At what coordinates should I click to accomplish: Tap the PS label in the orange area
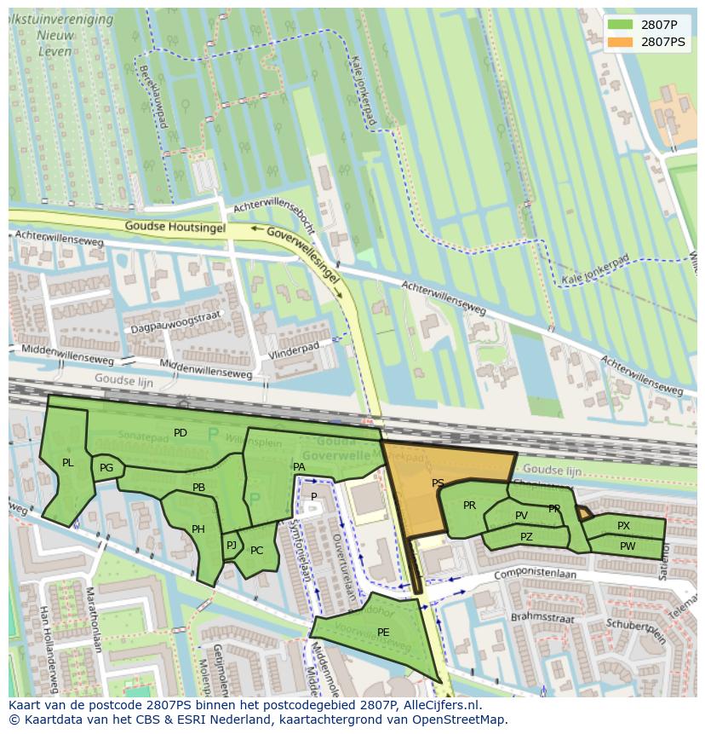tap(438, 483)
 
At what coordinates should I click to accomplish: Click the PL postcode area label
tap(68, 463)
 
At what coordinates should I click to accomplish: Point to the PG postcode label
tap(106, 468)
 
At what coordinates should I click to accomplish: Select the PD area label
tap(181, 433)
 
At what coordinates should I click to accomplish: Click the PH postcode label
tap(198, 529)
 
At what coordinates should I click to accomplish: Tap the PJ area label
tap(231, 546)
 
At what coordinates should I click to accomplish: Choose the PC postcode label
tap(257, 551)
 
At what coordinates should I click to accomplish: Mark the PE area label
tap(383, 632)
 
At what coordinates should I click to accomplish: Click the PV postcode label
tap(521, 516)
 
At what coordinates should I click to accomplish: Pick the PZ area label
tap(526, 537)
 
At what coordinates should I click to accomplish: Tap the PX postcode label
tap(624, 526)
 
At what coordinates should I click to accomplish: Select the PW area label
tap(628, 546)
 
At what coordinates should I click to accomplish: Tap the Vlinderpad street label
tap(293, 350)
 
